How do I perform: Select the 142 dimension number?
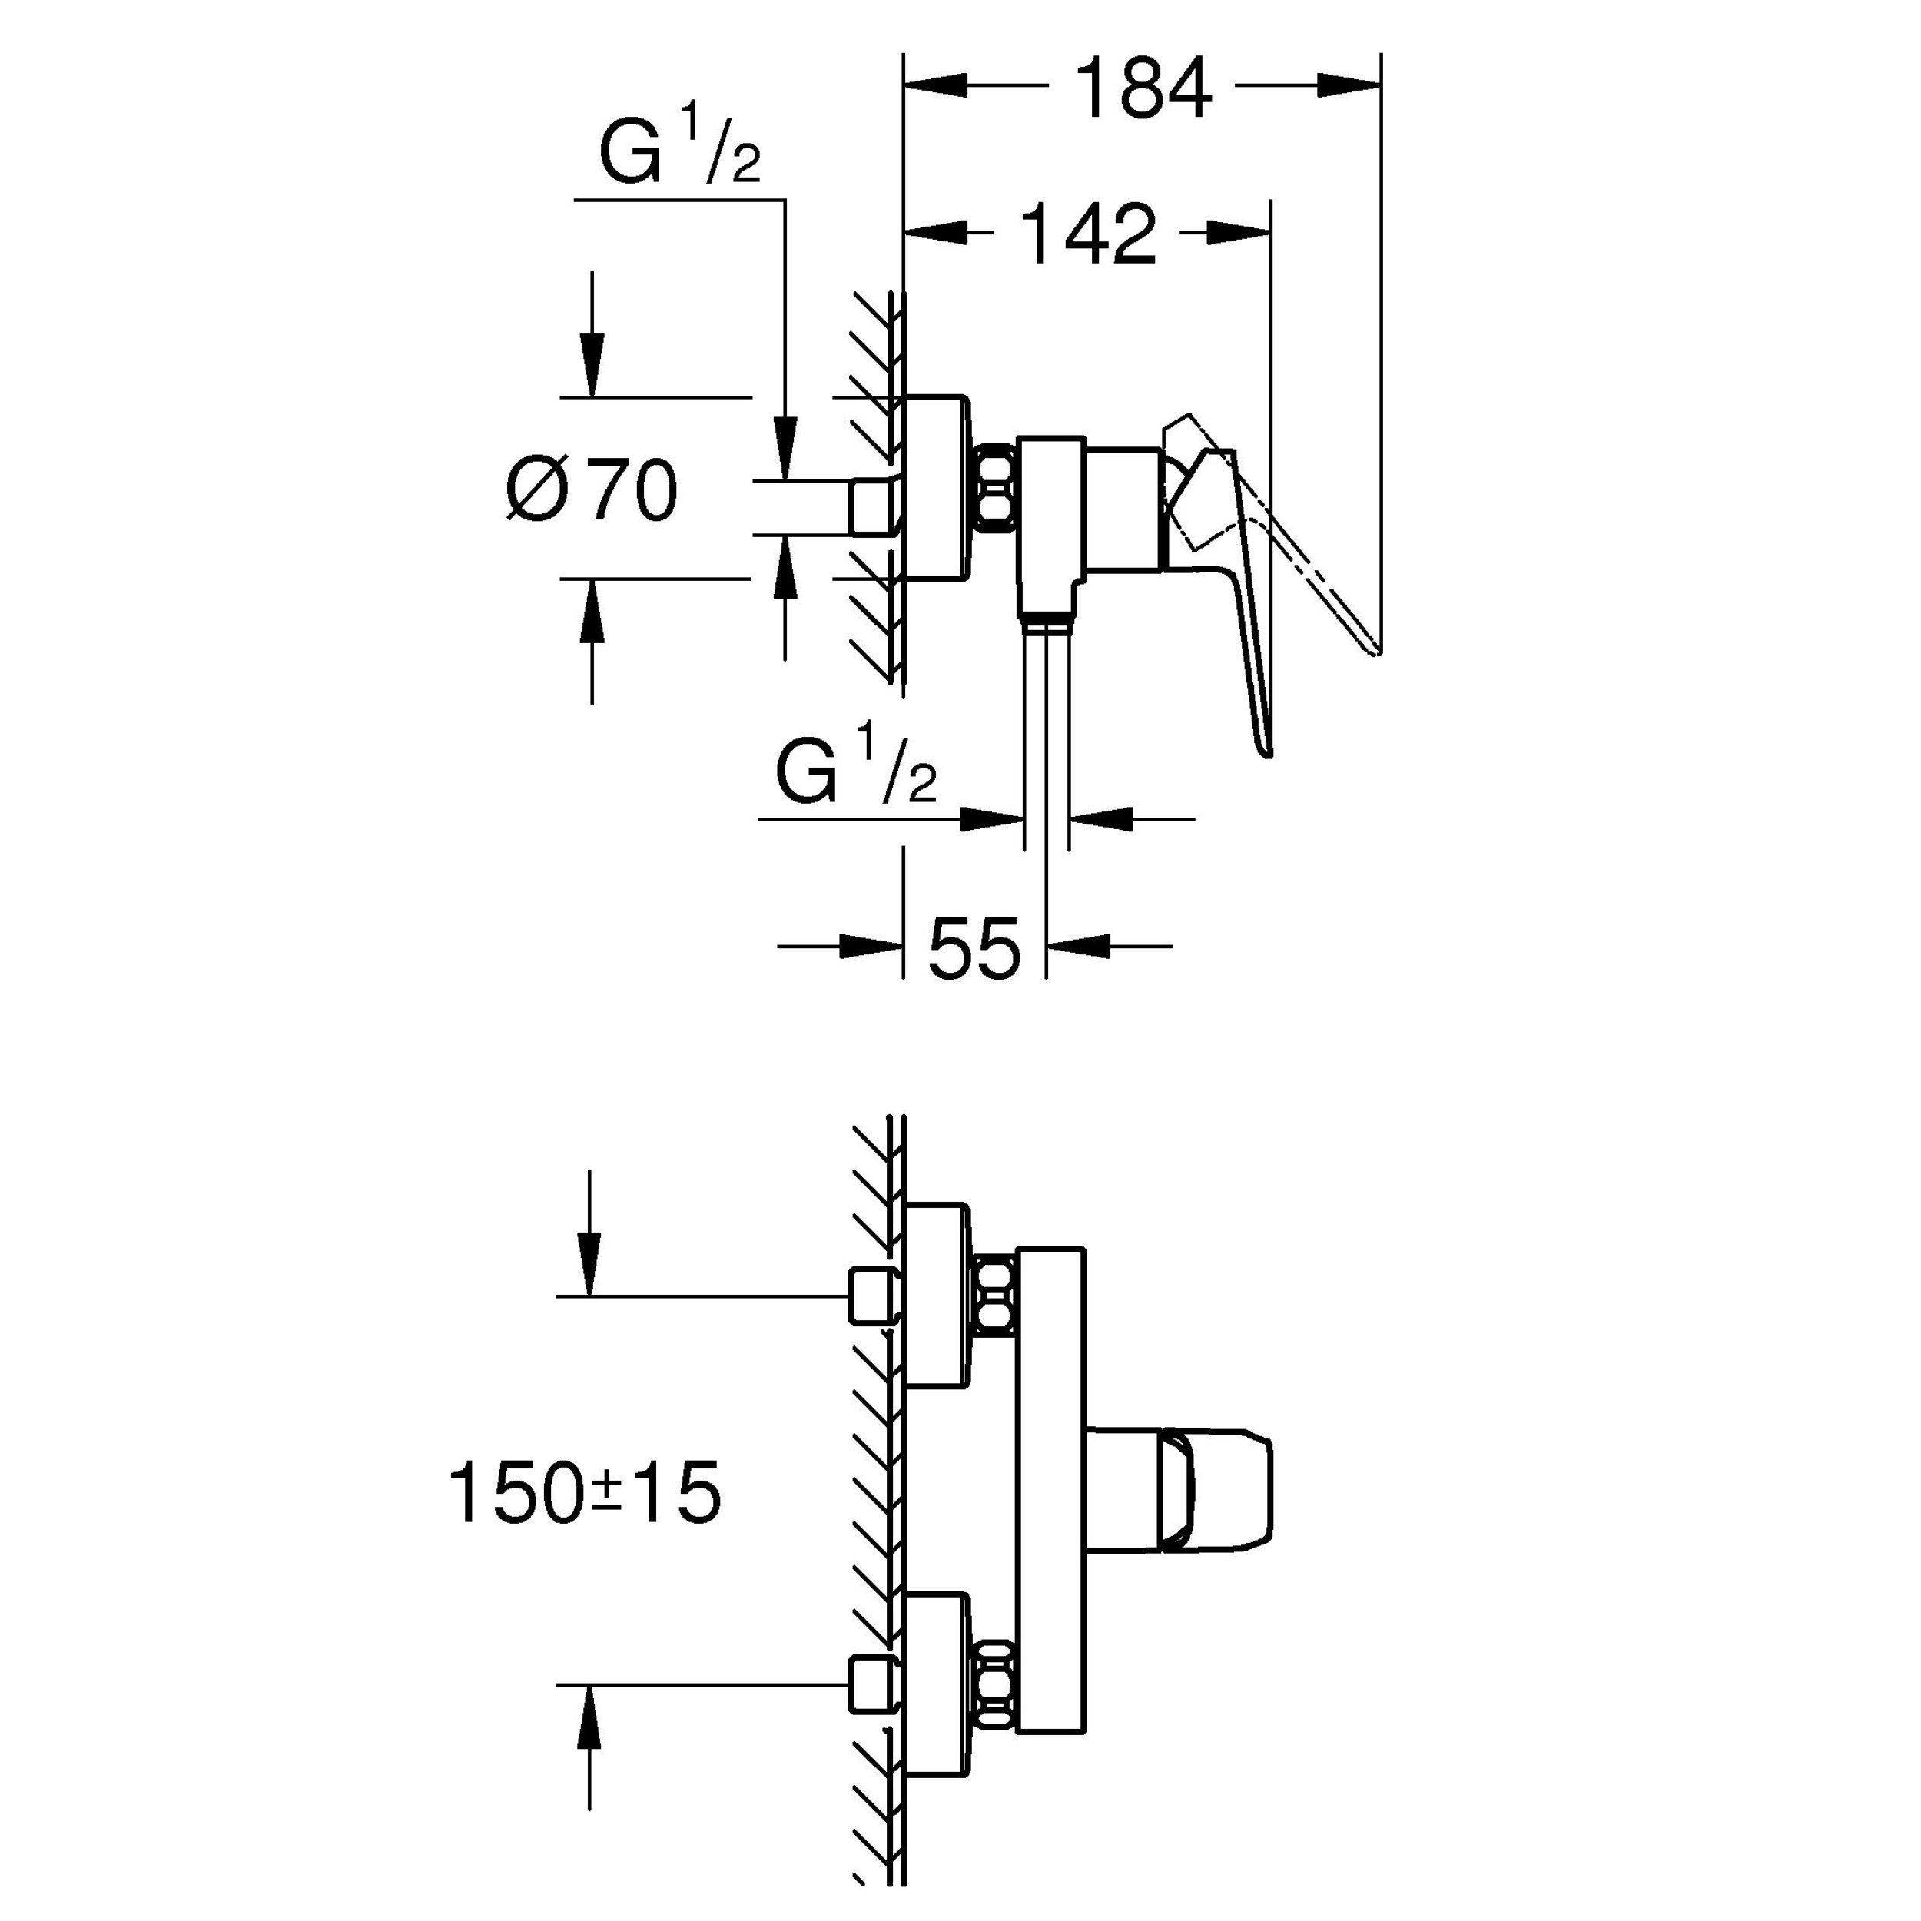tap(1089, 234)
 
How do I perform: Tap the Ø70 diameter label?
tap(592, 490)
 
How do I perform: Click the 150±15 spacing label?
tap(585, 1495)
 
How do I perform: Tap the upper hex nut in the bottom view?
tap(995, 1296)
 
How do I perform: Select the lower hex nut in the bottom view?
tap(995, 1684)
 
